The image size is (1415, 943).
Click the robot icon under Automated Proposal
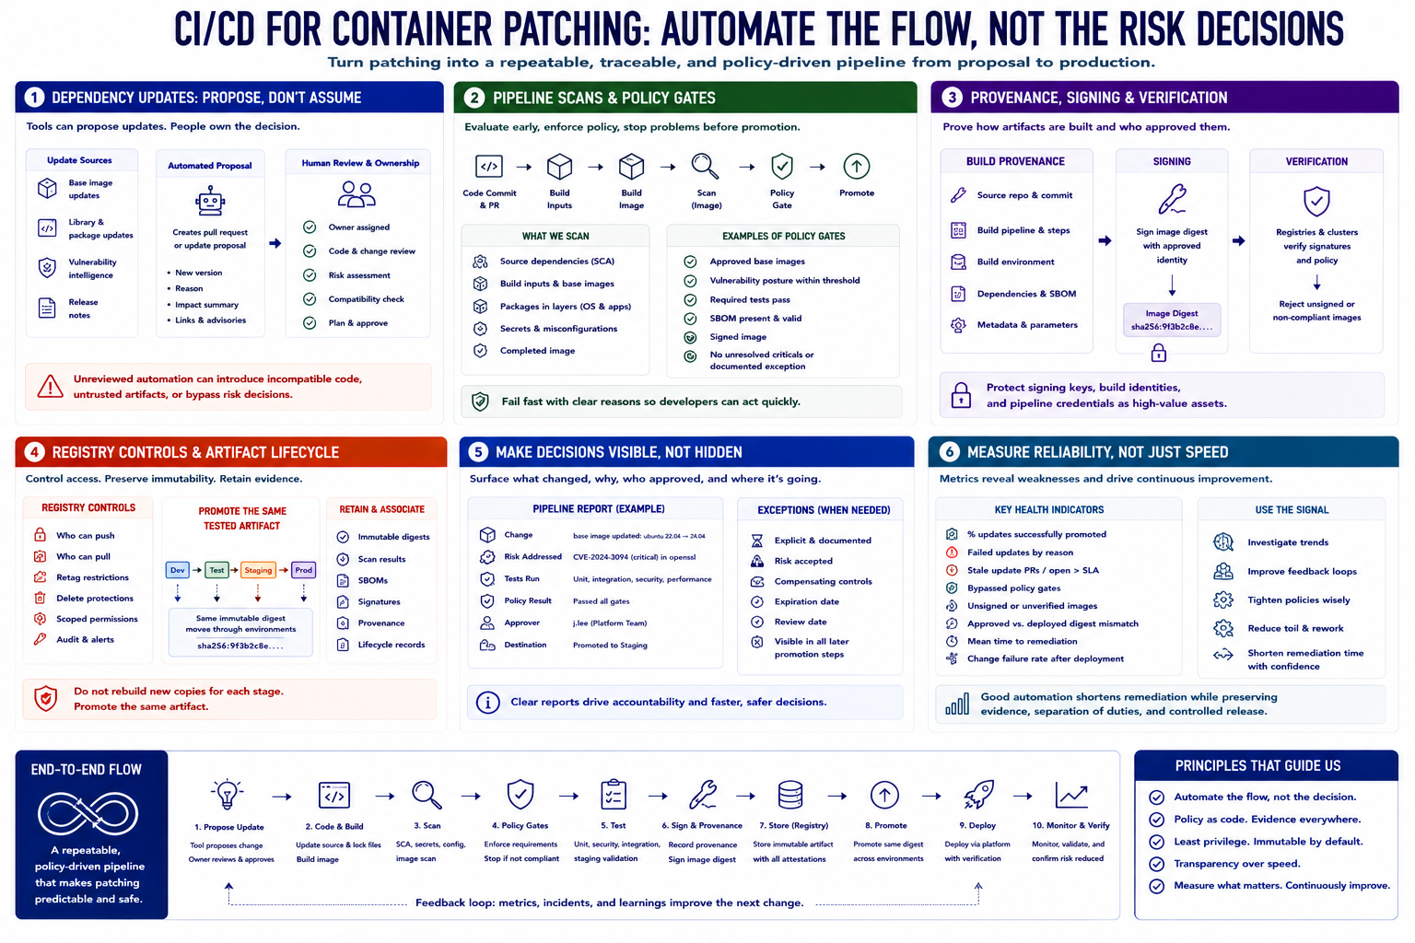210,201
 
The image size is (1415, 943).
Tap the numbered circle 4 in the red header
34,451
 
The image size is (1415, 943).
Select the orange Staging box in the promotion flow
258,570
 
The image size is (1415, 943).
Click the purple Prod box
303,570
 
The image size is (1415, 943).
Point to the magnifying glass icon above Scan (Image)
705,166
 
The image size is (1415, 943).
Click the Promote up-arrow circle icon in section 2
857,166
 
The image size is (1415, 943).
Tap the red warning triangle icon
50,386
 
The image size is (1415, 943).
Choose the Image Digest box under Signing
1172,320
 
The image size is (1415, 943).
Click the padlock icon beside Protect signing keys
961,395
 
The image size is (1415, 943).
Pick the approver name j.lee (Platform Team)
610,623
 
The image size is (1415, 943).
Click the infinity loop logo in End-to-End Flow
88,813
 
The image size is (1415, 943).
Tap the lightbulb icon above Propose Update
228,794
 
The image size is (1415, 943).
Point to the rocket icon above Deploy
978,794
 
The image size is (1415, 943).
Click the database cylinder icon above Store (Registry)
790,795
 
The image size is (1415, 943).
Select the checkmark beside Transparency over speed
1157,864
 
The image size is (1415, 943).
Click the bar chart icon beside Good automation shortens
957,703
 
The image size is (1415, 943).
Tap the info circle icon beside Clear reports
487,703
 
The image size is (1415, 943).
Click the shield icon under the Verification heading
1316,202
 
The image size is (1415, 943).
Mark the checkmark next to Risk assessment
310,274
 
